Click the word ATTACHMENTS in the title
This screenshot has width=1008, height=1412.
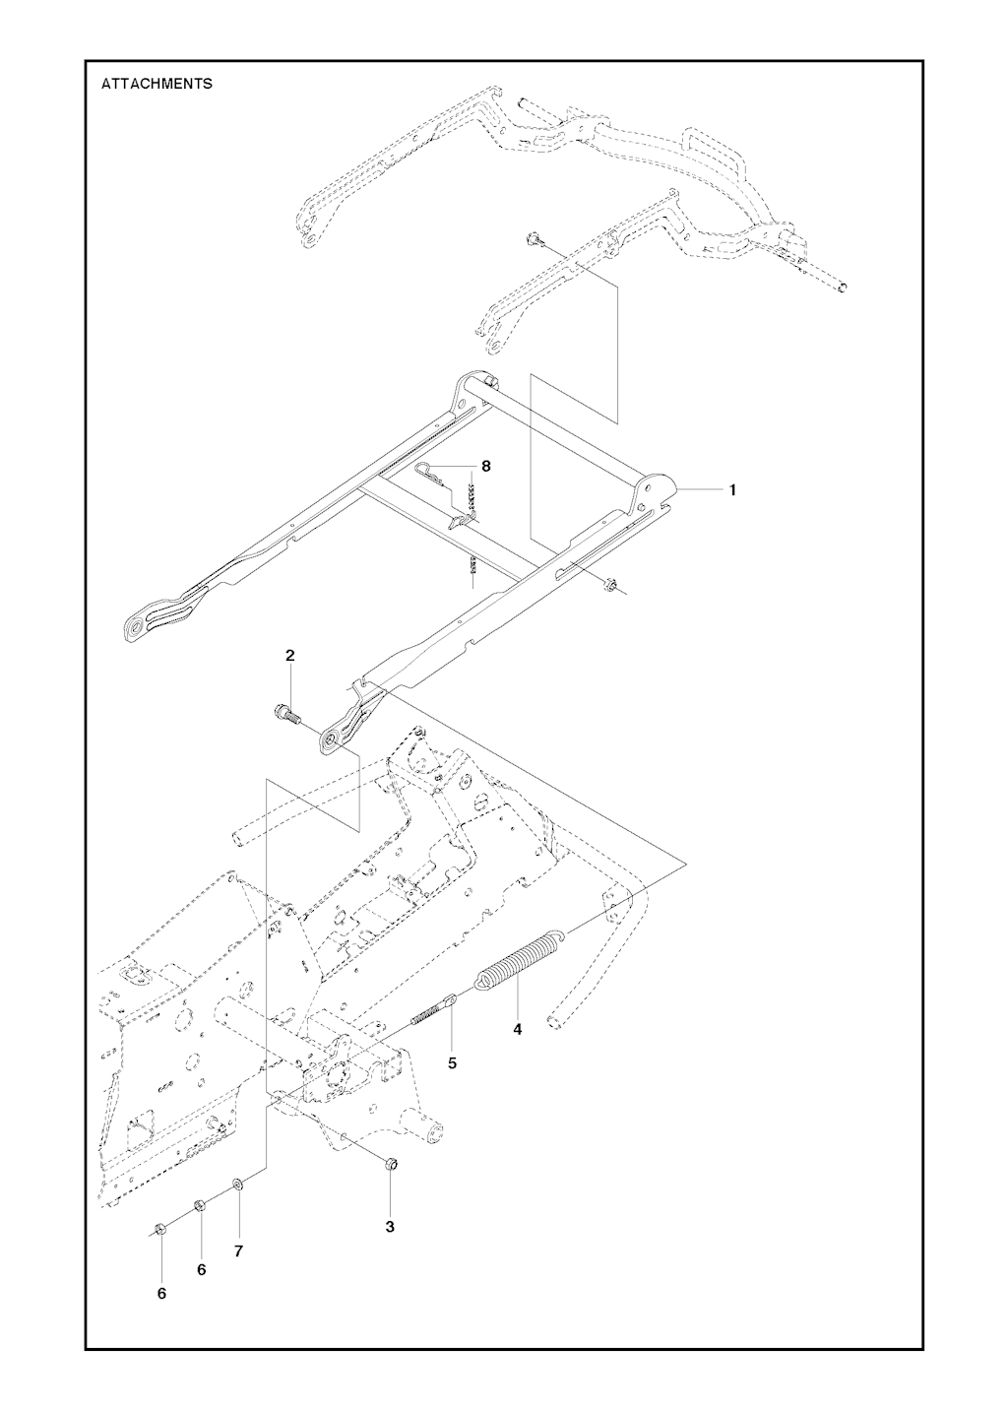(157, 84)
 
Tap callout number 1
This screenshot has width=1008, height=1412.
(732, 489)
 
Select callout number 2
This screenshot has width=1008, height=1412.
(289, 655)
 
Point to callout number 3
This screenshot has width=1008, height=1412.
(390, 1227)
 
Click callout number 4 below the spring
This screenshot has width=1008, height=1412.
(517, 1029)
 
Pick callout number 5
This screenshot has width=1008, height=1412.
(452, 1063)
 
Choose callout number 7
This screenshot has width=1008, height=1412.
(238, 1251)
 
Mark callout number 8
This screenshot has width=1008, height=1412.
(485, 466)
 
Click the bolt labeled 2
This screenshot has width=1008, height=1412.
(283, 712)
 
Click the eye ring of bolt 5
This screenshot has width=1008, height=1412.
(450, 1001)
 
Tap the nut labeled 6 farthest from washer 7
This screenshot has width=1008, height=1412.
(159, 1228)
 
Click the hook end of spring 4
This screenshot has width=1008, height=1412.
(560, 931)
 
